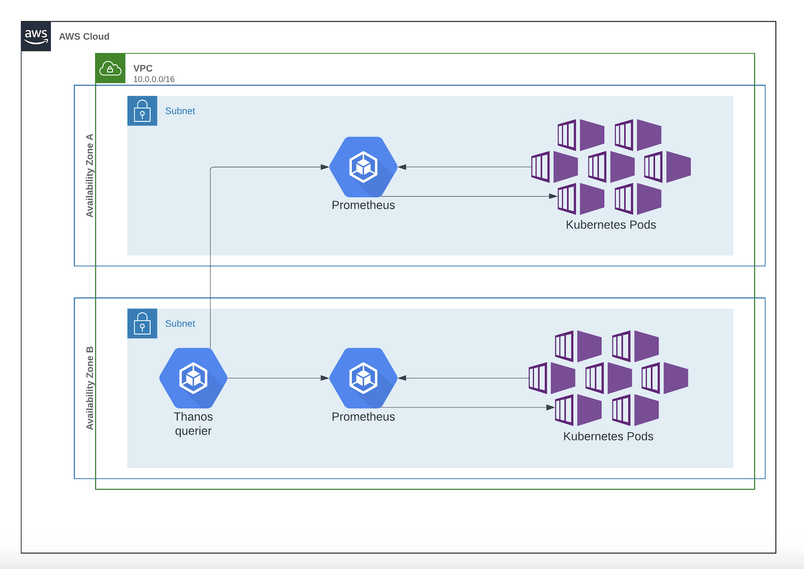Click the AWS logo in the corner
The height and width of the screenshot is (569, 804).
(x=36, y=36)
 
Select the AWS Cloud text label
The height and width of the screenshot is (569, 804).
(x=84, y=36)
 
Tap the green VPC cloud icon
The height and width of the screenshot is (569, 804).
(x=110, y=69)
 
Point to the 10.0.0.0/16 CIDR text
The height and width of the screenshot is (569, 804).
(x=154, y=79)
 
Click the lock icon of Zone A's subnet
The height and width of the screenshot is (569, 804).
(x=142, y=111)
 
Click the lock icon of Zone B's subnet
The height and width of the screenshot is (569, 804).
(x=142, y=324)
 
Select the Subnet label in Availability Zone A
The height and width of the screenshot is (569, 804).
(x=180, y=111)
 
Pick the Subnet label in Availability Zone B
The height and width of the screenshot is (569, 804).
(x=180, y=324)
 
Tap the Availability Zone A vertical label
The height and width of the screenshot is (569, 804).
(x=89, y=175)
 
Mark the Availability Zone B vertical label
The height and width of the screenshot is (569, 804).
(x=89, y=388)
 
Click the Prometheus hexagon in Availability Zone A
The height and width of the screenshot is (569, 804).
(x=363, y=167)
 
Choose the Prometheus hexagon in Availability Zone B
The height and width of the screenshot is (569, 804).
(x=363, y=378)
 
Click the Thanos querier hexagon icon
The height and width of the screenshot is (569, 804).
(x=193, y=378)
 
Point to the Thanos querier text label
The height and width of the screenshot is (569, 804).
(x=193, y=423)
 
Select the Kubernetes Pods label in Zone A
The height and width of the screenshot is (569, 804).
(x=611, y=225)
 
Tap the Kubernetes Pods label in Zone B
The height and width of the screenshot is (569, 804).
(x=608, y=436)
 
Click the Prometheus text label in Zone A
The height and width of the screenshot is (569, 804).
(x=363, y=205)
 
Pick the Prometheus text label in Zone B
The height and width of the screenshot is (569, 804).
(x=363, y=417)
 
